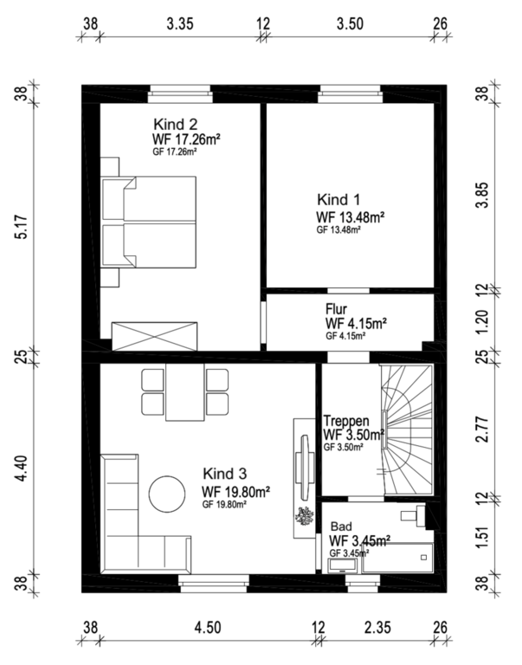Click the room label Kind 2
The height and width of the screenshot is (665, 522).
click(175, 125)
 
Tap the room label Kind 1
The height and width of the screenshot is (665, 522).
click(338, 199)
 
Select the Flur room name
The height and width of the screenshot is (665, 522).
click(336, 308)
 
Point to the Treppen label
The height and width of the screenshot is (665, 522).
click(346, 421)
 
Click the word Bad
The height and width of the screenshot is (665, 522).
click(341, 526)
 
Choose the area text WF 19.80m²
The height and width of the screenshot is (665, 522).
click(236, 492)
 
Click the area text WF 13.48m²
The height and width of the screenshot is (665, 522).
click(351, 216)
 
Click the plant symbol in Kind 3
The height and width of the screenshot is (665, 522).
click(304, 517)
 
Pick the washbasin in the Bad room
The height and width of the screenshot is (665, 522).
click(344, 565)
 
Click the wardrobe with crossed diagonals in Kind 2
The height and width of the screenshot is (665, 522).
click(154, 336)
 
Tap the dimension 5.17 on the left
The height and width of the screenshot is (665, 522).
click(22, 228)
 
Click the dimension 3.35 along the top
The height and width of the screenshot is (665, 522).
click(180, 23)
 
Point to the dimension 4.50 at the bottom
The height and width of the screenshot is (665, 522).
click(208, 627)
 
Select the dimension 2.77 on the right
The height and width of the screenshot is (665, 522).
click(482, 429)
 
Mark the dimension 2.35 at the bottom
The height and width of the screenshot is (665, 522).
click(377, 627)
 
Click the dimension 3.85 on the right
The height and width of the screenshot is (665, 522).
click(482, 195)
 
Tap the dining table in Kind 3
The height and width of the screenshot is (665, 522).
click(185, 392)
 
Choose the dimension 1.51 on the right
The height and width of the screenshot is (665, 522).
click(482, 538)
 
